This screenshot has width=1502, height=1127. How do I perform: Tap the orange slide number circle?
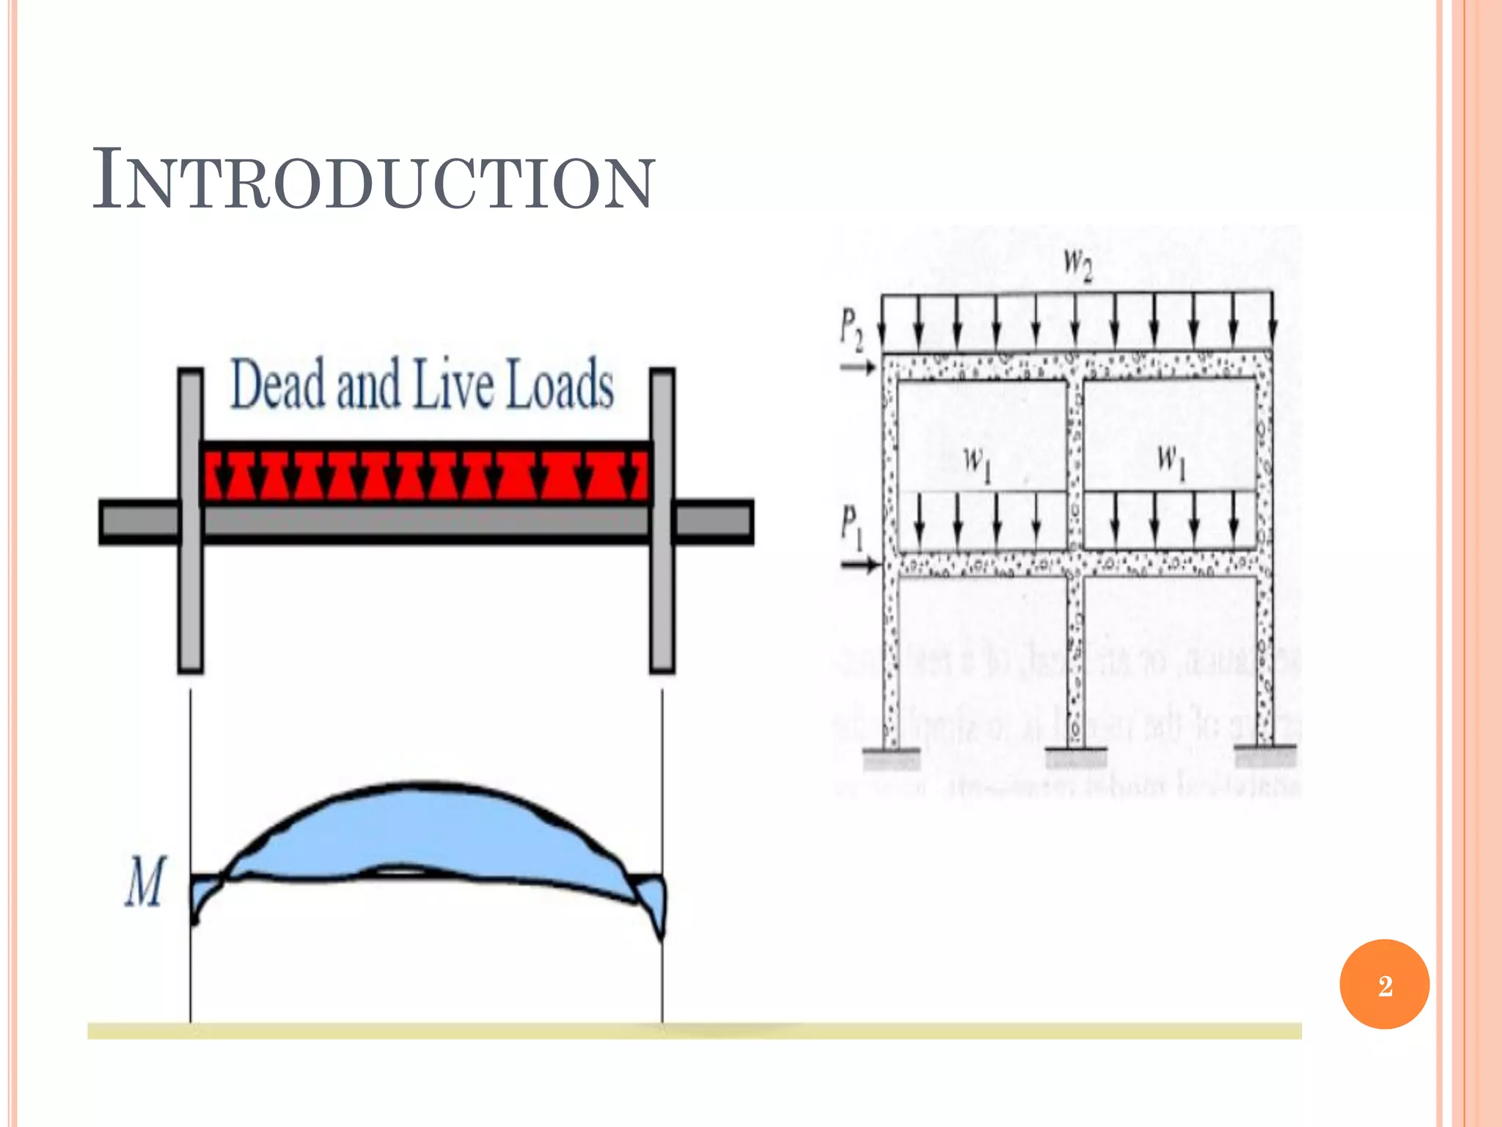pos(1384,985)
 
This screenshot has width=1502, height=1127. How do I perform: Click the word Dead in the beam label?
pos(277,384)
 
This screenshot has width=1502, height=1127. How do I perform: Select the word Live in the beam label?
pos(453,384)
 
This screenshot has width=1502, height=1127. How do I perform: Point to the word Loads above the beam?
pos(560,384)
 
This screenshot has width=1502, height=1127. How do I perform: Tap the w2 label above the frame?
pos(1077,264)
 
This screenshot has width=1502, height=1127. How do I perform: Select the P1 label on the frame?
pos(851,527)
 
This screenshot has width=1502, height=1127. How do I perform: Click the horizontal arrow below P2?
pos(857,366)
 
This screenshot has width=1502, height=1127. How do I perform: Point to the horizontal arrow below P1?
pos(859,564)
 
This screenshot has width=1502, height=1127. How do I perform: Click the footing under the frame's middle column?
pos(1076,756)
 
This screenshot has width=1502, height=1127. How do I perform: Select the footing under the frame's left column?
pos(891,756)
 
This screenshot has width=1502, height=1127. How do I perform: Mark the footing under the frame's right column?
pos(1265,755)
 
